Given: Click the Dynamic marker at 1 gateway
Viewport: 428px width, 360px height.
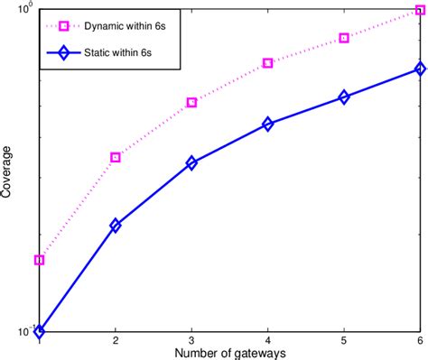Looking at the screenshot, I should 39,260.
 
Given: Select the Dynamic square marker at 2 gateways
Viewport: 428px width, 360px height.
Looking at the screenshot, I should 116,157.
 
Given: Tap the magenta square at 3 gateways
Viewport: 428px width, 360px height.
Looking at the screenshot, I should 191,103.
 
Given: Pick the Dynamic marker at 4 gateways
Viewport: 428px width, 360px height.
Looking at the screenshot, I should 268,63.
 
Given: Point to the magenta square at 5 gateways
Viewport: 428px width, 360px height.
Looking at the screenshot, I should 344,38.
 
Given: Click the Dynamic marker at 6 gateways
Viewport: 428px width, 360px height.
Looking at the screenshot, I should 420,11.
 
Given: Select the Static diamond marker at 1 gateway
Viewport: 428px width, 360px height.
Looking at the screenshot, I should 39,331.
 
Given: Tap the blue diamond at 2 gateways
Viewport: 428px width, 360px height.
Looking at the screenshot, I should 116,226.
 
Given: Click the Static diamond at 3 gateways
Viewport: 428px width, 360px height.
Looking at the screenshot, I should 191,163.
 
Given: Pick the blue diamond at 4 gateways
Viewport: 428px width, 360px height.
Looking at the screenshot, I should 268,124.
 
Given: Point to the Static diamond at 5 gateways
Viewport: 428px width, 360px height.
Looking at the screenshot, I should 344,97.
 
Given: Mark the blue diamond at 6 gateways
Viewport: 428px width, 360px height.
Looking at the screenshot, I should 420,69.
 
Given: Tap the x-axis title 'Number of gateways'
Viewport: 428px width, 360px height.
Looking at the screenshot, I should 230,353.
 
